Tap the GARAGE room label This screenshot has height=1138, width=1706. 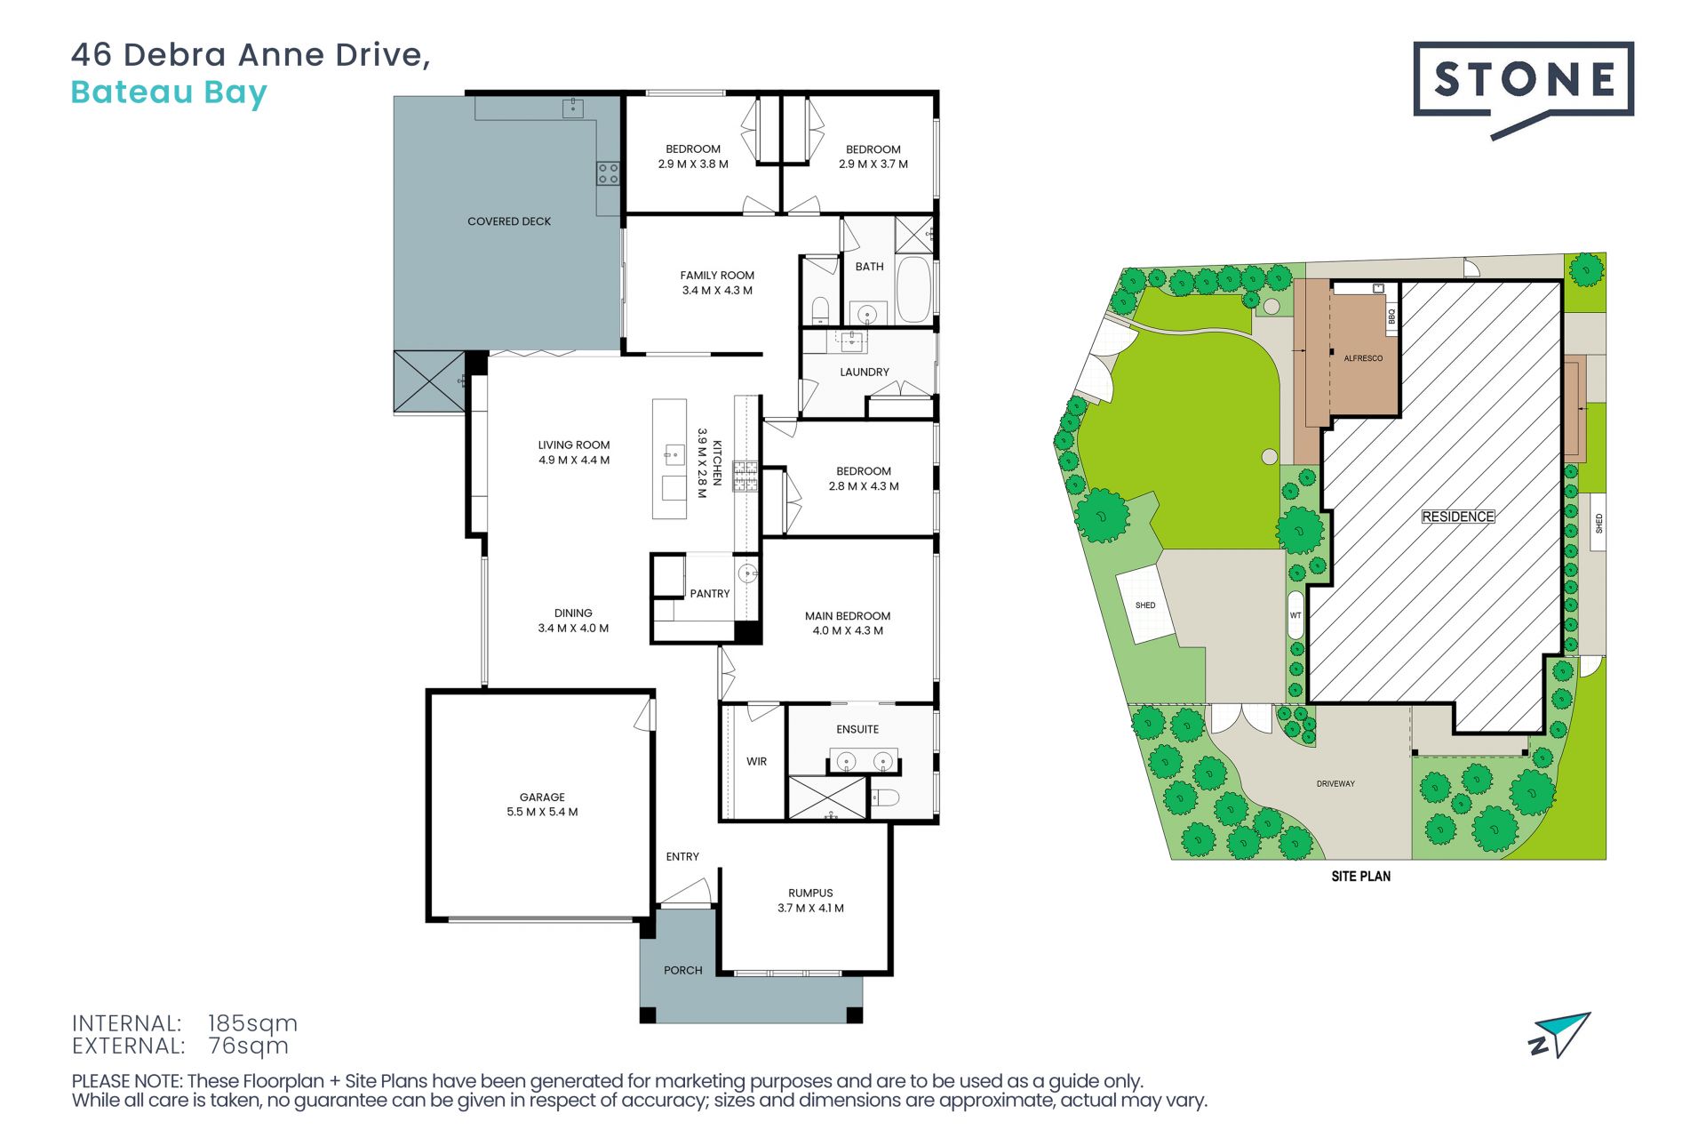[x=542, y=797]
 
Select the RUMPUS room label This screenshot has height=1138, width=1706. [x=810, y=893]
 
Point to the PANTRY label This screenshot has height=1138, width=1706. [x=710, y=593]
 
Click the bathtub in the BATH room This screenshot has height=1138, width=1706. [x=913, y=290]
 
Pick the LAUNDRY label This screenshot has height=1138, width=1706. [x=865, y=372]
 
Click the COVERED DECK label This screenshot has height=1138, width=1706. [x=509, y=221]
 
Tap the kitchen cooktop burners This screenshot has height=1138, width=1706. [x=745, y=477]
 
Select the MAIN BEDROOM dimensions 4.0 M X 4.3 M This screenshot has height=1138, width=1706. [x=848, y=630]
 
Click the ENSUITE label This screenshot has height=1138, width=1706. [x=857, y=729]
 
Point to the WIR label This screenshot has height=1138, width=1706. [x=756, y=761]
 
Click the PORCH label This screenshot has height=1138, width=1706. [x=683, y=970]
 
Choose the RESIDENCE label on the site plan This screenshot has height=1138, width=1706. [x=1458, y=517]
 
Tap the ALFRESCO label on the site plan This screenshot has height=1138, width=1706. [x=1363, y=358]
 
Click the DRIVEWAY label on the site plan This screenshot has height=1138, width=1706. [x=1335, y=783]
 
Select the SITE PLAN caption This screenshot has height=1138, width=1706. [x=1361, y=876]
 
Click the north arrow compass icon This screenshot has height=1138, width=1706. [x=1560, y=1035]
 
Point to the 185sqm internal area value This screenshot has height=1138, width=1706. [x=252, y=1023]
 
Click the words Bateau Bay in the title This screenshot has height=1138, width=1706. [x=169, y=93]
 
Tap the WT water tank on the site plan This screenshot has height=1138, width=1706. [x=1295, y=615]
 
